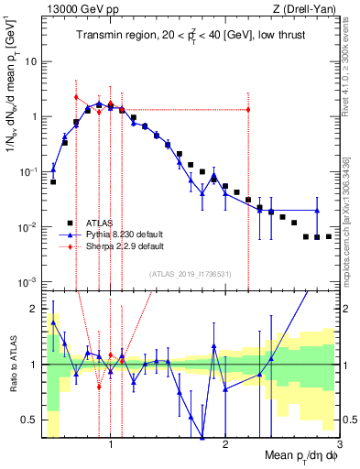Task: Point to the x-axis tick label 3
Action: click(x=339, y=444)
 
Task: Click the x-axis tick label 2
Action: click(x=225, y=444)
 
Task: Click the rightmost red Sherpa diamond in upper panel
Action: click(x=248, y=110)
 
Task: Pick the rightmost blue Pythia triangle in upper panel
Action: click(x=317, y=211)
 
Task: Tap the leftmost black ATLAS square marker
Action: click(x=53, y=181)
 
